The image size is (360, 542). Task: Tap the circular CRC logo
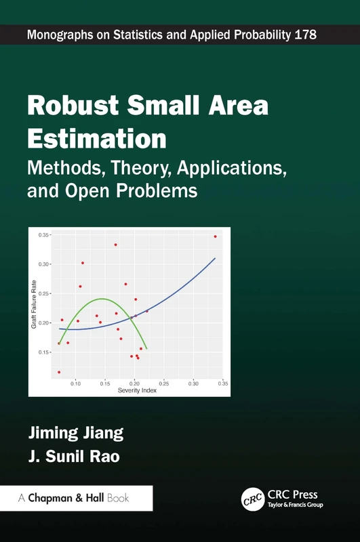click(x=253, y=499)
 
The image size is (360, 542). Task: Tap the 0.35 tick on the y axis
click(x=44, y=234)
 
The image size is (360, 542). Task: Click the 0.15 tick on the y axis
click(x=44, y=352)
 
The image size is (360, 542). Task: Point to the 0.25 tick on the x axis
click(x=164, y=383)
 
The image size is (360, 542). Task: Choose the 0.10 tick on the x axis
click(x=75, y=383)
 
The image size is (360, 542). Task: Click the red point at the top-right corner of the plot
click(x=215, y=236)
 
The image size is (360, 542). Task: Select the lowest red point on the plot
click(x=59, y=372)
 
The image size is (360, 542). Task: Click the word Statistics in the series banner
click(x=124, y=34)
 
